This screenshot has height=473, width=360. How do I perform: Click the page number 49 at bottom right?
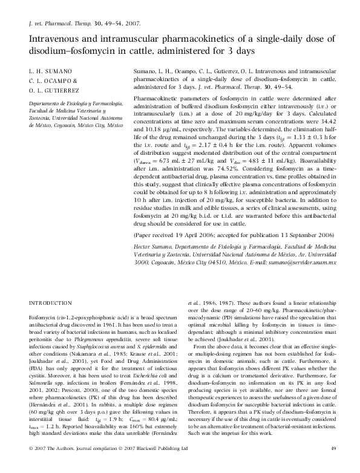332,448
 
